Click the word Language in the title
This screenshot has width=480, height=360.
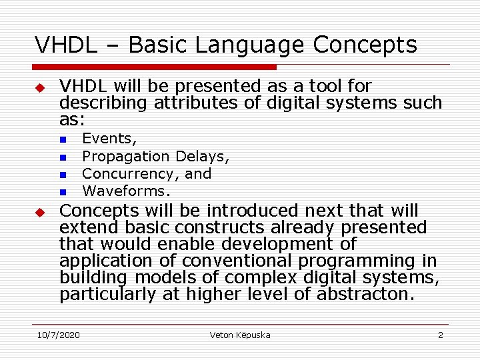(251, 45)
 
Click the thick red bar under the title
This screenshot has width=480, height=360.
(155, 67)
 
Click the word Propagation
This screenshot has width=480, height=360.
(125, 157)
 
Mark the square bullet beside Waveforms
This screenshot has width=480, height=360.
(61, 192)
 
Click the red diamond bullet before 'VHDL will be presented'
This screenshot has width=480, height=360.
(39, 88)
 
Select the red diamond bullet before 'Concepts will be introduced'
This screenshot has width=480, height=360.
(39, 213)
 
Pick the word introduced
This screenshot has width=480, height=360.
(253, 211)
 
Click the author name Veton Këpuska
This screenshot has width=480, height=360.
(240, 335)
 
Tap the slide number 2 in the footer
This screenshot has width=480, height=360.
(440, 335)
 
